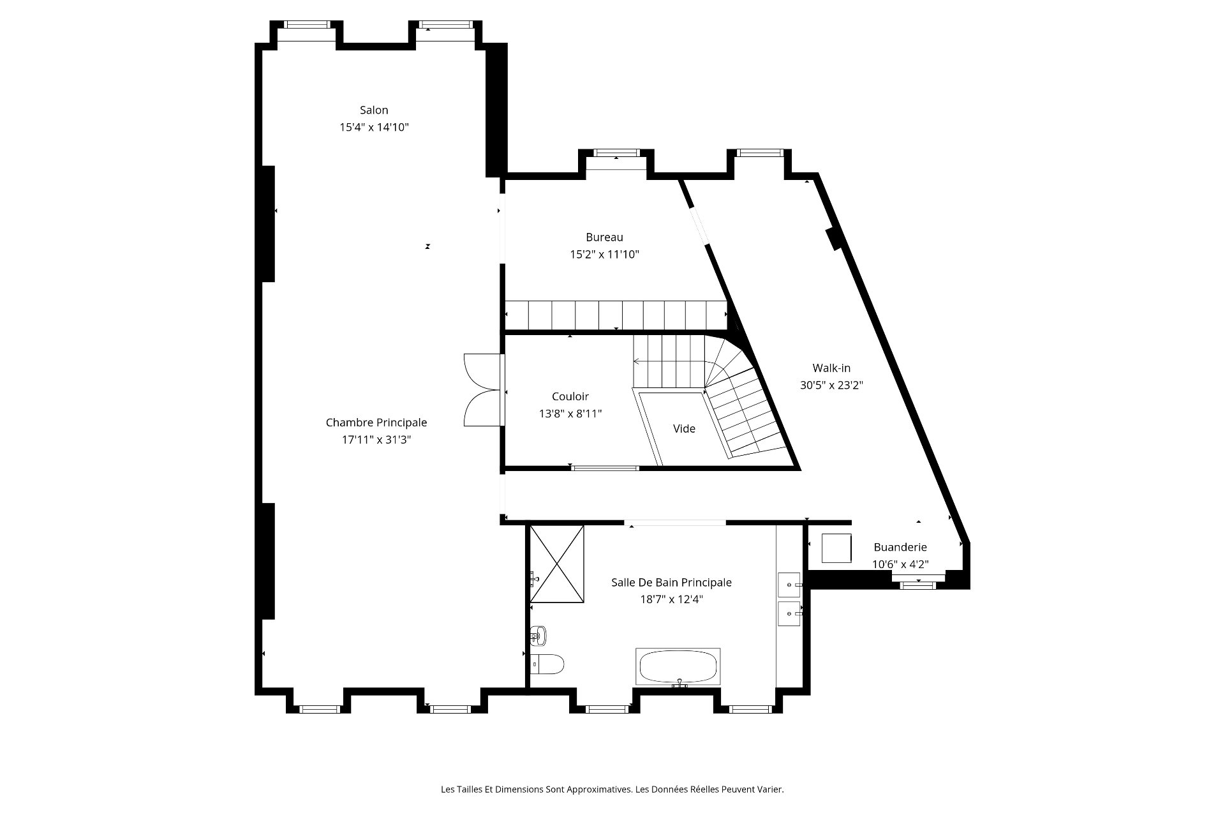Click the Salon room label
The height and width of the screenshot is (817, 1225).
[374, 110]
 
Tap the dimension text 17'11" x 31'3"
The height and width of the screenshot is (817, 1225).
[376, 440]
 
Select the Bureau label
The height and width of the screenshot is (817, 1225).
[604, 237]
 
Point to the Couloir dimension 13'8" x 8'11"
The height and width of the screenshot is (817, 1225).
[570, 414]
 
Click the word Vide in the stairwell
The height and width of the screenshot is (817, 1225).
[684, 429]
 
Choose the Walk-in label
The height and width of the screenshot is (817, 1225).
[831, 368]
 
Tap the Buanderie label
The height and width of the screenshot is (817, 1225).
[900, 548]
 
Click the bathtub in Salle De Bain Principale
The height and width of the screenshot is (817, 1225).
[679, 667]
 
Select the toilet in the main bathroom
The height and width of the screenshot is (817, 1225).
[547, 664]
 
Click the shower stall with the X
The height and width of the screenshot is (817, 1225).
[557, 564]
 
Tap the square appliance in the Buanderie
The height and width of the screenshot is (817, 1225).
[836, 548]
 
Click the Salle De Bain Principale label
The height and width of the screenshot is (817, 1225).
[671, 583]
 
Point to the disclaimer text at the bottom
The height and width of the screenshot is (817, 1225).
[612, 790]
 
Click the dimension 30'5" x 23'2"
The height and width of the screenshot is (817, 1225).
[831, 386]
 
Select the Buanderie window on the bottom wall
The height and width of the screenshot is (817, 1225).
[918, 583]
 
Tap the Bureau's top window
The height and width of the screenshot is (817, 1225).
[616, 153]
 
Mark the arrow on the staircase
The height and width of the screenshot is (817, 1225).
[669, 362]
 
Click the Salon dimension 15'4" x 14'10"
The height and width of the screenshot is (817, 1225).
[374, 128]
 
